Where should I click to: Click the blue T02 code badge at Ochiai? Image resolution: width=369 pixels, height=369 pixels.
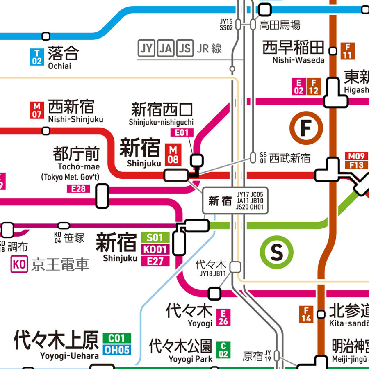[x=37, y=57]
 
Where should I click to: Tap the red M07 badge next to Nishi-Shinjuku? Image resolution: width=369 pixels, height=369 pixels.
[x=37, y=110]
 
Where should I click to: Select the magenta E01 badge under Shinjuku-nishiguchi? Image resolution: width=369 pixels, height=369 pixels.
[x=181, y=132]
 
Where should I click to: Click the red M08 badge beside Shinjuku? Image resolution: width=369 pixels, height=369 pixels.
[x=173, y=155]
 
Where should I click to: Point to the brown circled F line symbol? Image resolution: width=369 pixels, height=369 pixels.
[x=306, y=128]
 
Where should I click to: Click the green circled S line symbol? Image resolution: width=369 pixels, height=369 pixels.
[x=277, y=251]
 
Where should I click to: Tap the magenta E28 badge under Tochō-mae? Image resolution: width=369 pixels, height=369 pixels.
[x=78, y=189]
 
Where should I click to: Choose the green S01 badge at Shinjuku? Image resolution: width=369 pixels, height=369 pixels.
[x=155, y=237]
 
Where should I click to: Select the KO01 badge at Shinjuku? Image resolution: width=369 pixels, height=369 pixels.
[x=155, y=249]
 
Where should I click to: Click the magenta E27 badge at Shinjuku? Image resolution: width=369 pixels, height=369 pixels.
[x=155, y=261]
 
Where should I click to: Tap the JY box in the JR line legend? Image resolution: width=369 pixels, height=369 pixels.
[x=146, y=49]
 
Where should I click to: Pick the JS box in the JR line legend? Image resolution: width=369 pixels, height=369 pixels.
[x=185, y=49]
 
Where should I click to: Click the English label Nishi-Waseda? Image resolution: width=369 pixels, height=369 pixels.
[x=298, y=60]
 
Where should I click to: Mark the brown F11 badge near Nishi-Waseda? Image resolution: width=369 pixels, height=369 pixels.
[x=348, y=51]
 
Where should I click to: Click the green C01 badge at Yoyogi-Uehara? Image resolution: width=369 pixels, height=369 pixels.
[x=117, y=338]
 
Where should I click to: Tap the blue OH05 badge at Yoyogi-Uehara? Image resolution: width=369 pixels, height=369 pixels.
[x=117, y=350]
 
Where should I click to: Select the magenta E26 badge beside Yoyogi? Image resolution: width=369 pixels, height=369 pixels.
[x=223, y=317]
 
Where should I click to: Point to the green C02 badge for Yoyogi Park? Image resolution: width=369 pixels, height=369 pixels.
[x=223, y=350]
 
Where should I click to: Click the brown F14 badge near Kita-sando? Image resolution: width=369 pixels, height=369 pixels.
[x=306, y=314]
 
